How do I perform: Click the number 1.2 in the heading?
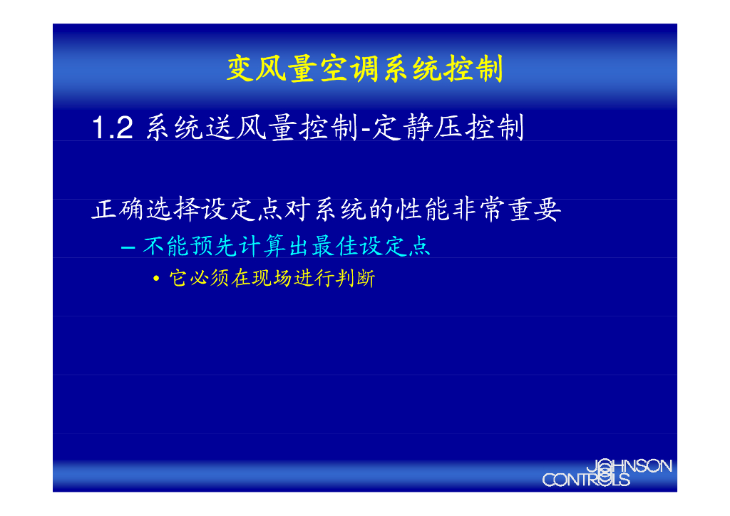[x=112, y=128]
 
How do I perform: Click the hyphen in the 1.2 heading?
[x=364, y=130]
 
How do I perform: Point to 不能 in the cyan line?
[x=166, y=247]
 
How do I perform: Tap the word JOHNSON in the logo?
[x=629, y=467]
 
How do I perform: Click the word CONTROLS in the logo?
[x=586, y=480]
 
